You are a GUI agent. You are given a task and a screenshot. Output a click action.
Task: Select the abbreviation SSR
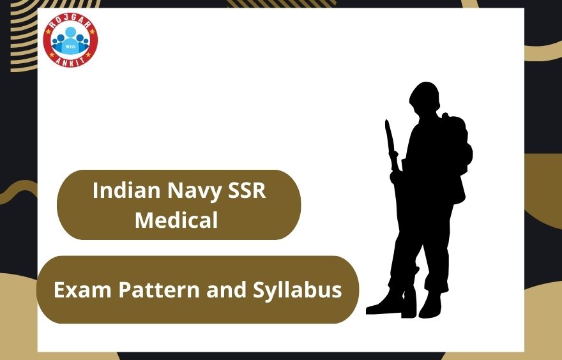click(x=246, y=191)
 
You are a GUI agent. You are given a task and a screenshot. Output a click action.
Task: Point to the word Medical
click(x=176, y=220)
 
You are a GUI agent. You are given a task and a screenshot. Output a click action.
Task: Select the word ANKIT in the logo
click(x=70, y=63)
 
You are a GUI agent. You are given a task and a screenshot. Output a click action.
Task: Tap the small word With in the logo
click(x=70, y=46)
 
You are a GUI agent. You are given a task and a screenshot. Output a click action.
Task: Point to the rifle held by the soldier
click(x=391, y=150)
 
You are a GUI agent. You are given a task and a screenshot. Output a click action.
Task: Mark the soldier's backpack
click(x=461, y=153)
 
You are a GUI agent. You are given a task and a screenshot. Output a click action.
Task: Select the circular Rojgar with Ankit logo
click(x=70, y=41)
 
